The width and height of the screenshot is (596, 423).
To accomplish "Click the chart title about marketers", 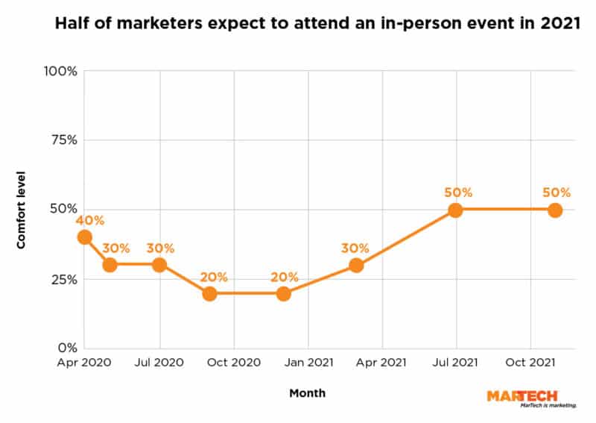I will coord(317,24).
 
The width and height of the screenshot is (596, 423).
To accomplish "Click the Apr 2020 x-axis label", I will coord(85,363).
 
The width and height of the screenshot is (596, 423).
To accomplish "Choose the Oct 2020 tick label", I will coord(234,363).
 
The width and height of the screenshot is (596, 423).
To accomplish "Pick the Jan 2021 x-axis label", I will coord(308,363).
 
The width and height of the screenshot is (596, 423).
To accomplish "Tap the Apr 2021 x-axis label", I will coord(381,363).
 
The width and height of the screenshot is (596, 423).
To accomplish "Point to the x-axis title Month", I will coord(308,392).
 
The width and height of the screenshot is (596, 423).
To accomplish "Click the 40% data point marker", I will coord(85,237).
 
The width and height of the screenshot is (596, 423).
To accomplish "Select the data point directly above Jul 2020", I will coord(159,265).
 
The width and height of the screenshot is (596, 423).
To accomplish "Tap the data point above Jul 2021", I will coord(455,210).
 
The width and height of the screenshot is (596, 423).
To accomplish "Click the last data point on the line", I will coord(555,210).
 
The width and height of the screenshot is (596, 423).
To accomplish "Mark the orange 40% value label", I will coord(89,220).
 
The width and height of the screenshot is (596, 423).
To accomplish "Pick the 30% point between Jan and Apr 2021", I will coord(356,265).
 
